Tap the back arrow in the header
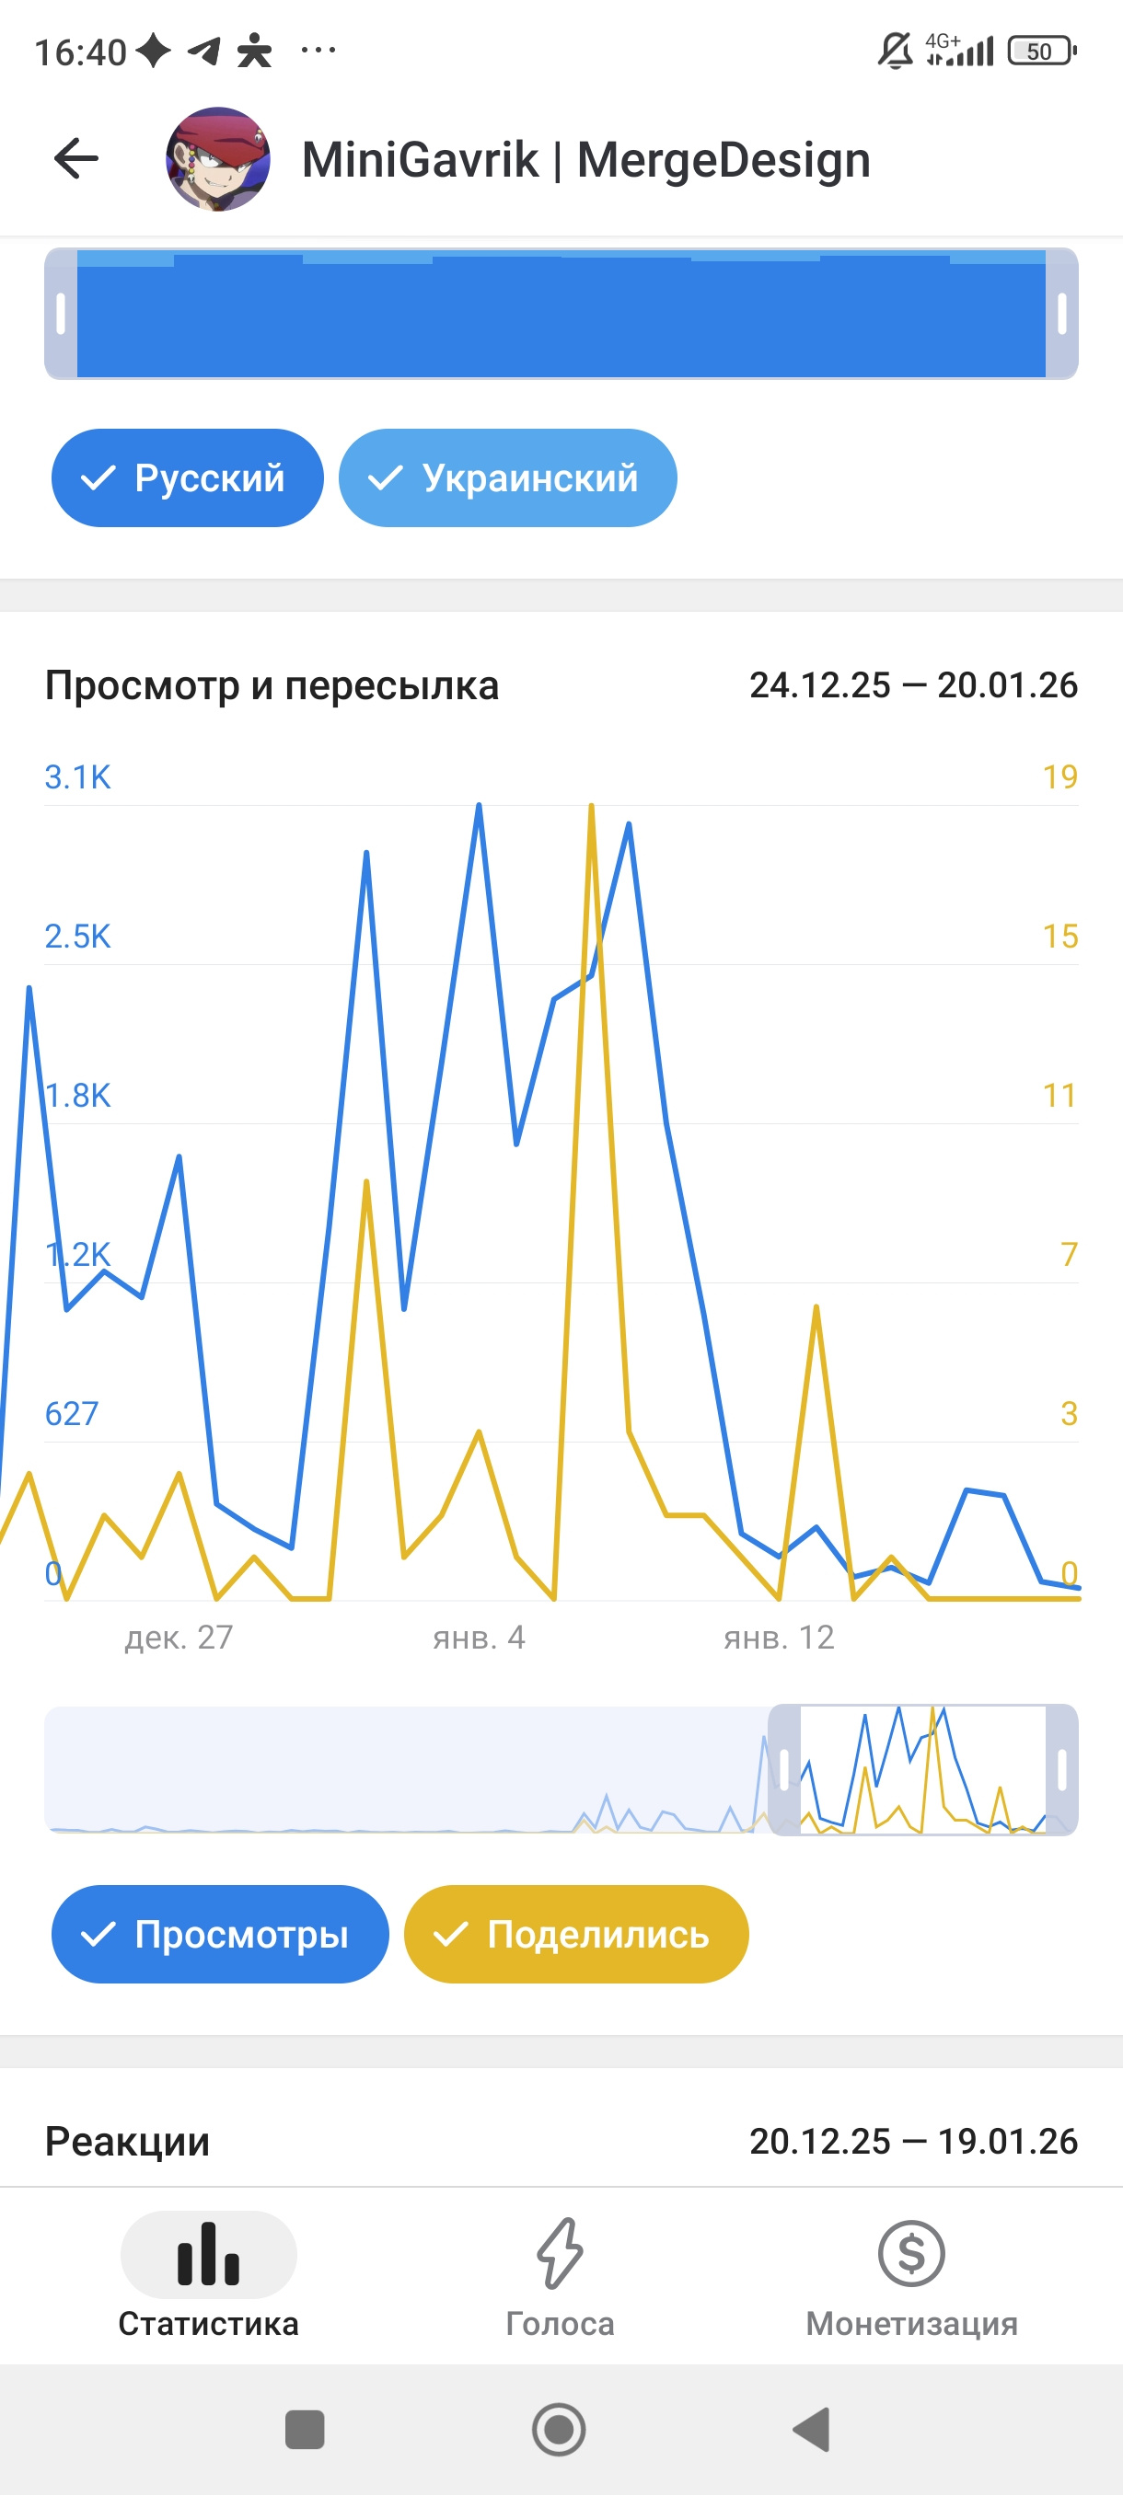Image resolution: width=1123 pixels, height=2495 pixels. [x=76, y=159]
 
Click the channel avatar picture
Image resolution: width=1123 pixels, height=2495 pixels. [x=218, y=159]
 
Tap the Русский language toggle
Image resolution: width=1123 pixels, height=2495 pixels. [x=187, y=477]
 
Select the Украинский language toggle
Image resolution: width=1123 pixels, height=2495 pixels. [x=507, y=477]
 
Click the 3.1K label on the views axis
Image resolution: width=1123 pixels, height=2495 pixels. [x=77, y=776]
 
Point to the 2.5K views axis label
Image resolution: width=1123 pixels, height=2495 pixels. [x=77, y=936]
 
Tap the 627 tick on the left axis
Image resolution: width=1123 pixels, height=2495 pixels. [x=72, y=1413]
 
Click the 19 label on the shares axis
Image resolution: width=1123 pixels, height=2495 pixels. [x=1059, y=776]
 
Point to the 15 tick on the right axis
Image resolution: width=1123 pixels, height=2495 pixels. [x=1059, y=936]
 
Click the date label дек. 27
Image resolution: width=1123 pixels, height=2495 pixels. [x=179, y=1637]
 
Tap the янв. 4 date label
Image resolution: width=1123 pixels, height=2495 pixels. [x=479, y=1637]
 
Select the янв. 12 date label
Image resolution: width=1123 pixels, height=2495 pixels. [x=779, y=1637]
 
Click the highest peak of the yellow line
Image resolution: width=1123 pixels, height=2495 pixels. [x=591, y=806]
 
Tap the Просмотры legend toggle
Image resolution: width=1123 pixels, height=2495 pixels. [x=220, y=1934]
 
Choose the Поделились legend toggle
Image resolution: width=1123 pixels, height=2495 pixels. [x=575, y=1934]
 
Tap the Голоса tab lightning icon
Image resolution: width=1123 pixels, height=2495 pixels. [x=560, y=2253]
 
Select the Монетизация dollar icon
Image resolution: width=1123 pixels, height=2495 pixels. [x=910, y=2253]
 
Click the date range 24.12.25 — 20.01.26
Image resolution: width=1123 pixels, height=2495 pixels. [x=913, y=684]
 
